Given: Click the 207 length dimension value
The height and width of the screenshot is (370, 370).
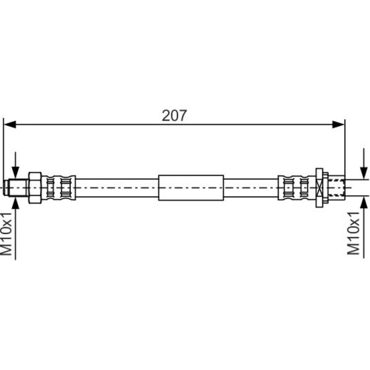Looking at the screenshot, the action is coord(174,115).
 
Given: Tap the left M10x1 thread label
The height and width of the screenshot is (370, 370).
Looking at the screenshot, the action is coord(6,234).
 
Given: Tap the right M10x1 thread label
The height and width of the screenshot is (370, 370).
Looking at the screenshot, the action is coord(353,233).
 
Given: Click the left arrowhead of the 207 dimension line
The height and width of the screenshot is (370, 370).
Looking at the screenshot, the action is coord(10,124).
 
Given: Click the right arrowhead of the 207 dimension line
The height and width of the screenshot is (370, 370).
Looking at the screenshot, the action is coord(338,124).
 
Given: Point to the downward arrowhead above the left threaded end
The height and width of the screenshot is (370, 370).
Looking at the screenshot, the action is coord(15,172).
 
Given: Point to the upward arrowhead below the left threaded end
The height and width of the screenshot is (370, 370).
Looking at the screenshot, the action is coord(15,203).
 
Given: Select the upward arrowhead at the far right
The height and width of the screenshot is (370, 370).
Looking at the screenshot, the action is coord(364,202).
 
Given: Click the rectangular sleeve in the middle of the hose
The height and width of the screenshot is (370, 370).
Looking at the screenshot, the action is coord(191,188).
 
